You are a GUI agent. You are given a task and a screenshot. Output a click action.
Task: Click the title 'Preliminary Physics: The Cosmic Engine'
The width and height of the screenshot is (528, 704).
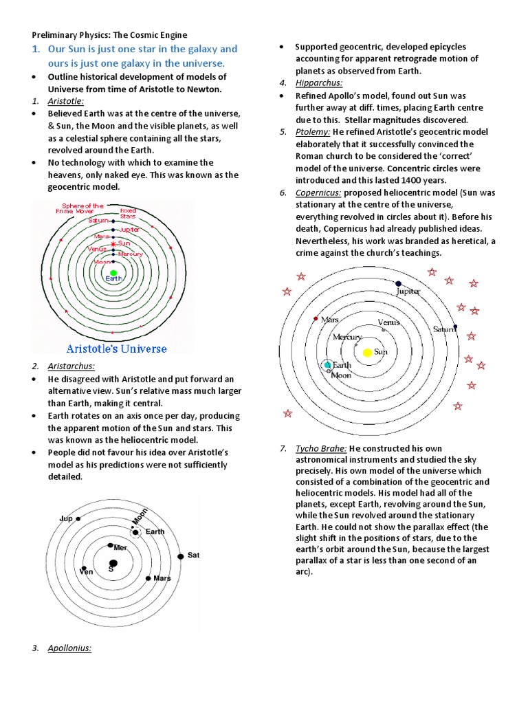[x=110, y=34]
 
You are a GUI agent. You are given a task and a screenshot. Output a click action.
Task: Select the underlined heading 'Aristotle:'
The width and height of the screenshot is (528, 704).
[x=66, y=101]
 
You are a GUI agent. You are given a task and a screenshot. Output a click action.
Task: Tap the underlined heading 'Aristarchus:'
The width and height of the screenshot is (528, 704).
[x=71, y=366]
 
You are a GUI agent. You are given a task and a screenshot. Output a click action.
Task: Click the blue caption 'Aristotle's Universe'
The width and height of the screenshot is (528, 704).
[x=116, y=349]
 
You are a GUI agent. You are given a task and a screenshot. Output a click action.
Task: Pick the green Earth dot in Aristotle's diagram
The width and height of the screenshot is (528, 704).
[x=113, y=273]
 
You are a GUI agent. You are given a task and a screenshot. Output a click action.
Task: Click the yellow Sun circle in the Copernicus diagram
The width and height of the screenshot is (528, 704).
[x=367, y=352]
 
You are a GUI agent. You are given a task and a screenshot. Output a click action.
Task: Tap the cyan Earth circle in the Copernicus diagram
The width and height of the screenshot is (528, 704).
[x=328, y=364]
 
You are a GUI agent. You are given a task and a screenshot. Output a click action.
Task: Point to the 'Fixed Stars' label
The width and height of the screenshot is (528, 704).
[x=128, y=212]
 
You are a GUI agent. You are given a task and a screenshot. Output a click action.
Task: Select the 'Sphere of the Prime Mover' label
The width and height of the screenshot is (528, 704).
[x=82, y=208]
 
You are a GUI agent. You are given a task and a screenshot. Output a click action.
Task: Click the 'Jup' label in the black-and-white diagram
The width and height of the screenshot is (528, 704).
[x=66, y=518]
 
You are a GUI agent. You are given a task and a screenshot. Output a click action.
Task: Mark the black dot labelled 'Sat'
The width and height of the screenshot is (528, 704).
[x=181, y=555]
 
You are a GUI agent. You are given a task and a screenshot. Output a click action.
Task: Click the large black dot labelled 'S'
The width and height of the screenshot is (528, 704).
[x=113, y=563]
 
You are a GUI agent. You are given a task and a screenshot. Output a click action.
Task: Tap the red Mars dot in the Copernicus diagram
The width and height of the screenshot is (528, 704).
[x=316, y=319]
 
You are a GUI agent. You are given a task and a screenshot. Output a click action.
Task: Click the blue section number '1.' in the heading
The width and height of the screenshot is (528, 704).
[x=38, y=49]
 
